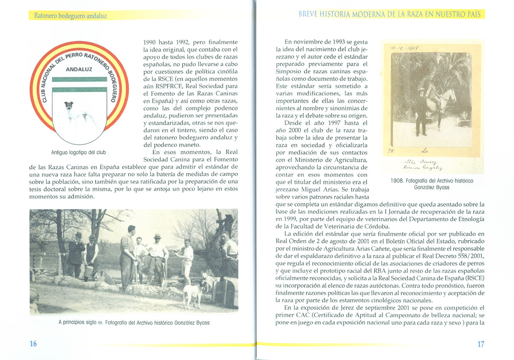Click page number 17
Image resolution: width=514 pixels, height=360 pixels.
coord(480,344)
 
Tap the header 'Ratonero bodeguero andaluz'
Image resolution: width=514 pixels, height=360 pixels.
coord(68,16)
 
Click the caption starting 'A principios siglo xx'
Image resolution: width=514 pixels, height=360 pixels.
coord(134,322)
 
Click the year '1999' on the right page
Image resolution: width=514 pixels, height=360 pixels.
coord(286,219)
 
